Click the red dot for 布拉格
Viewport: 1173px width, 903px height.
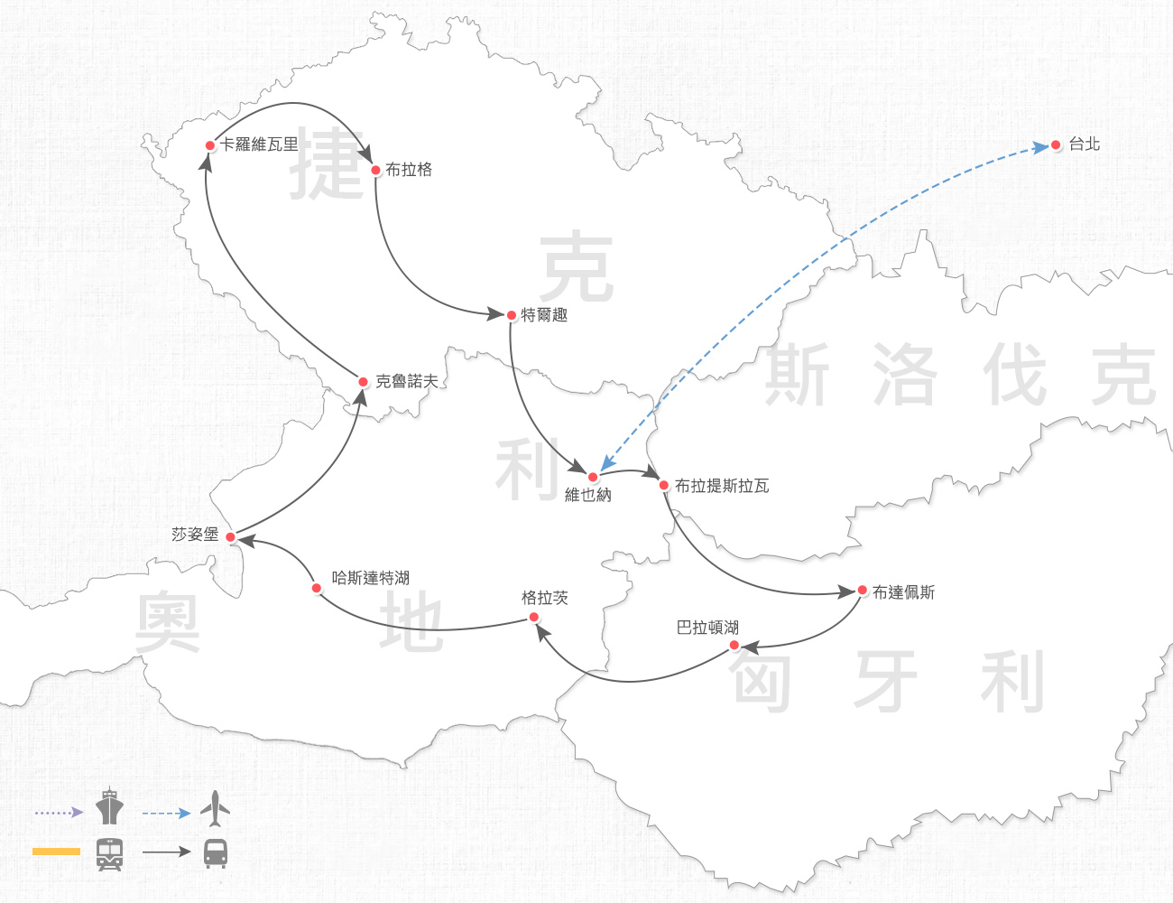click(376, 170)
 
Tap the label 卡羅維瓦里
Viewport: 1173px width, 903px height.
click(259, 144)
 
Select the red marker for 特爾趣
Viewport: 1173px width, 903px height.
click(512, 315)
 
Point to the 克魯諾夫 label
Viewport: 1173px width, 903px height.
click(407, 382)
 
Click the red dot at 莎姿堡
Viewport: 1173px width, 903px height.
click(231, 537)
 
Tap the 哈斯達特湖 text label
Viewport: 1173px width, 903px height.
click(371, 578)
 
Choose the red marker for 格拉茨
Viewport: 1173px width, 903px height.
click(534, 618)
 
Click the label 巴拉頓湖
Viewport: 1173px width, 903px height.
click(708, 628)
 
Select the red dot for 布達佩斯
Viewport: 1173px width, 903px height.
click(863, 591)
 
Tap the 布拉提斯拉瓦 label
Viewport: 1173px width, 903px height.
click(722, 486)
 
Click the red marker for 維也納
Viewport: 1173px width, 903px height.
click(593, 477)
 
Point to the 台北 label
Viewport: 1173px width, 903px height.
click(1085, 144)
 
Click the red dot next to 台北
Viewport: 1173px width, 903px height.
click(1056, 145)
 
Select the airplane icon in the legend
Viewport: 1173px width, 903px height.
click(215, 809)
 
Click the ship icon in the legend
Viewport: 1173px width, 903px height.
click(110, 806)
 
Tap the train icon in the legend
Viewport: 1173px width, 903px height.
click(110, 853)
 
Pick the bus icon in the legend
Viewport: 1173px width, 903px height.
click(216, 853)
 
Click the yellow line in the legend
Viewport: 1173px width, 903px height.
click(56, 852)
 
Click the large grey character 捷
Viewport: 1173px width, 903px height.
click(327, 163)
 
